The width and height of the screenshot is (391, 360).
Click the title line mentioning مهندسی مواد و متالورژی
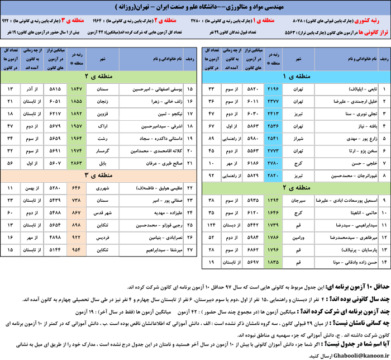195,7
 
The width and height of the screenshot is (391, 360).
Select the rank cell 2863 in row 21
76,162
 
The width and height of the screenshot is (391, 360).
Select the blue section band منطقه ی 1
291,76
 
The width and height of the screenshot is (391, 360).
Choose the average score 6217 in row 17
56,113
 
